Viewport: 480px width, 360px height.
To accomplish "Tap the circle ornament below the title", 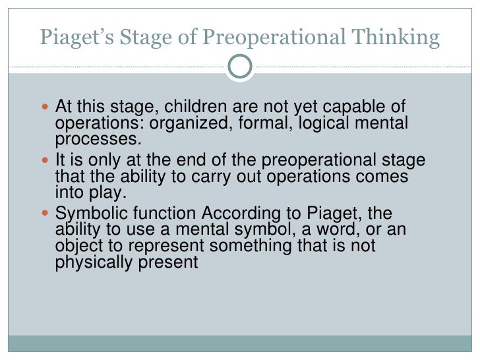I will click(x=240, y=66).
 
